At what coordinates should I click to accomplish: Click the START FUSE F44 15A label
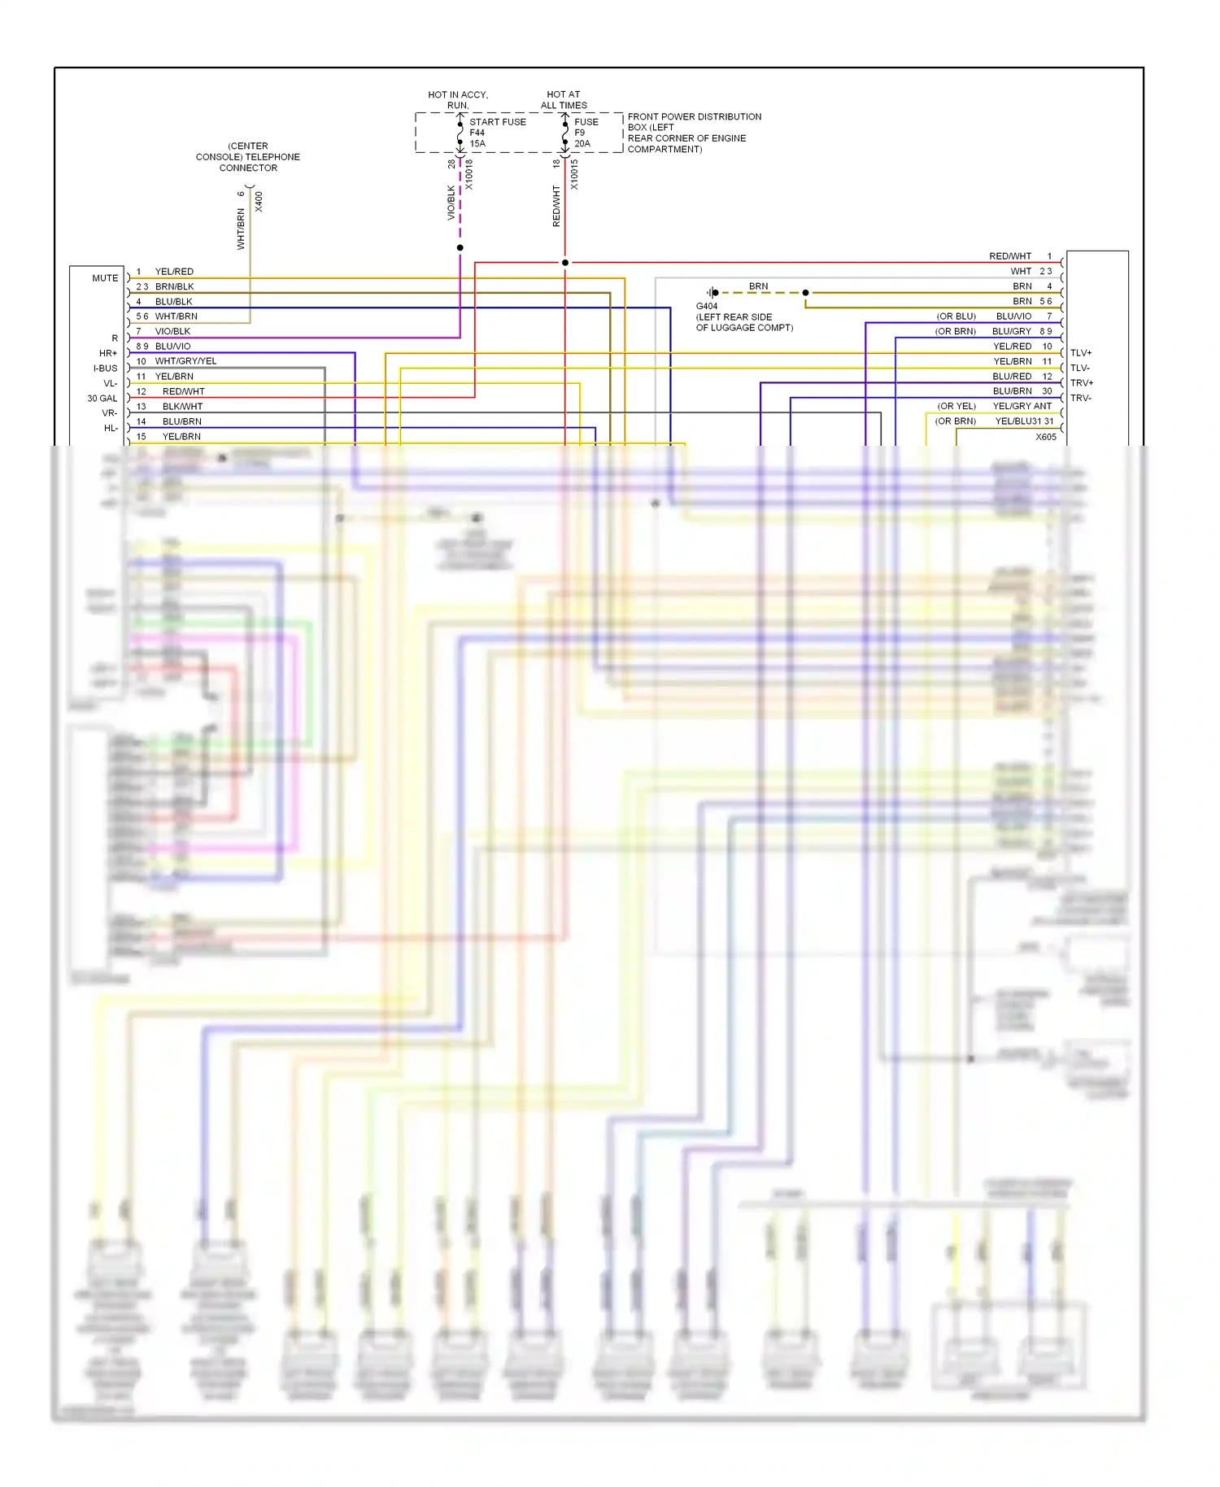pyautogui.click(x=496, y=133)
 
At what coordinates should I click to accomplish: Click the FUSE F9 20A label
pyautogui.click(x=586, y=133)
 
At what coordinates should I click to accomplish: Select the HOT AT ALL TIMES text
pyautogui.click(x=564, y=100)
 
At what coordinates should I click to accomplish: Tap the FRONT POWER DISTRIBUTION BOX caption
pyautogui.click(x=694, y=133)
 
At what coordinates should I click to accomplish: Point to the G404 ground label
pyautogui.click(x=707, y=307)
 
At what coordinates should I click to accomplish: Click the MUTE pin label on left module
pyautogui.click(x=105, y=278)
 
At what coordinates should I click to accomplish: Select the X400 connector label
pyautogui.click(x=259, y=202)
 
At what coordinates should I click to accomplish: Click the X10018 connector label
pyautogui.click(x=469, y=175)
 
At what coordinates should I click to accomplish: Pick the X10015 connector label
pyautogui.click(x=574, y=175)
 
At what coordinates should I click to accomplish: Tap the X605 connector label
pyautogui.click(x=1046, y=437)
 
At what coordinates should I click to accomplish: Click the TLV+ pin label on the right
pyautogui.click(x=1081, y=353)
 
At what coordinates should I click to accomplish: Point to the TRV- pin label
pyautogui.click(x=1081, y=398)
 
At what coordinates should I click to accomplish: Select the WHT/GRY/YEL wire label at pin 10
pyautogui.click(x=185, y=361)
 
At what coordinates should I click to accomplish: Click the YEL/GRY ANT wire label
pyautogui.click(x=1022, y=406)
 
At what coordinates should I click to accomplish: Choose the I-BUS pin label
pyautogui.click(x=106, y=368)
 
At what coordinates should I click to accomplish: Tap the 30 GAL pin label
pyautogui.click(x=102, y=399)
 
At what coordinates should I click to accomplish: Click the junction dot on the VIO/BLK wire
pyautogui.click(x=460, y=247)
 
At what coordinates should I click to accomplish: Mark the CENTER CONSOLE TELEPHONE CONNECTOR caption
pyautogui.click(x=248, y=157)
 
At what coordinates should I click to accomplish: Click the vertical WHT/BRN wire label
pyautogui.click(x=241, y=229)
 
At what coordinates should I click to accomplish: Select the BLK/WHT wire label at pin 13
pyautogui.click(x=182, y=407)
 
